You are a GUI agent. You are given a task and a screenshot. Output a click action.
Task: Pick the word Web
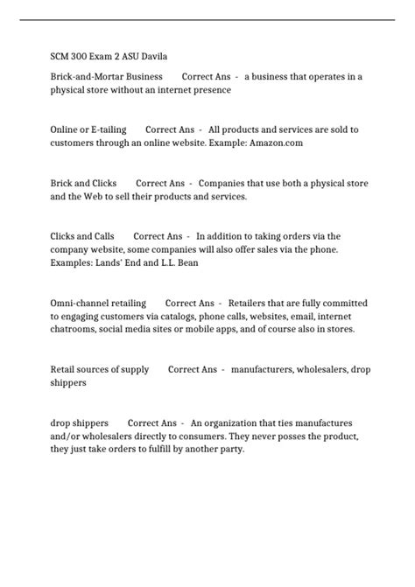[x=106, y=197]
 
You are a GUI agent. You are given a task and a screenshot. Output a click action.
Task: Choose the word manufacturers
[x=264, y=369]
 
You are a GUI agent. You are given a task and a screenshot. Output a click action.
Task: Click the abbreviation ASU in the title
[x=119, y=58]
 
